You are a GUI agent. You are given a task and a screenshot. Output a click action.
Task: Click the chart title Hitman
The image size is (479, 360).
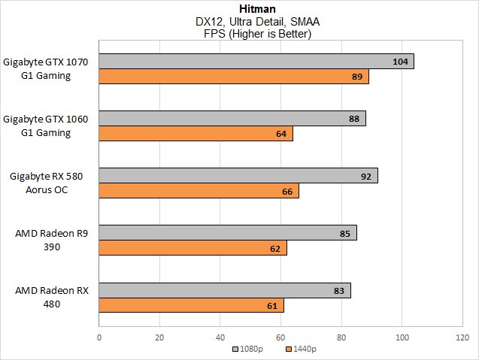239,8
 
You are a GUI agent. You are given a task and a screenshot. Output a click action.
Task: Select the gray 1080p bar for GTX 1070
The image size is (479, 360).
256,62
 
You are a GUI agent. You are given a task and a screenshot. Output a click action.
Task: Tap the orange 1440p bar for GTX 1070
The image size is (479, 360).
233,77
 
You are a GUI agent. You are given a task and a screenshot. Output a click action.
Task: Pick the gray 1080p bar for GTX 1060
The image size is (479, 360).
232,119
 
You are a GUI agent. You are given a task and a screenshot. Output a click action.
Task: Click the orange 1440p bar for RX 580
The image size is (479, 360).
199,191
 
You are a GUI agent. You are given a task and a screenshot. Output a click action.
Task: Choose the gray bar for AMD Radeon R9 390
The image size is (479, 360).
227,233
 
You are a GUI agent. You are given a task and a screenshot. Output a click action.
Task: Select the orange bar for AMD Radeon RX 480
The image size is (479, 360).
191,305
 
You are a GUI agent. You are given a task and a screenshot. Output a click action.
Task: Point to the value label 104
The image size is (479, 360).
400,62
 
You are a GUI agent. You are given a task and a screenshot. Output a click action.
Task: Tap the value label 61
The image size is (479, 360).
271,305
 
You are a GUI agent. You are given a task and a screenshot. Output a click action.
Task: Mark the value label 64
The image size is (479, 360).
280,134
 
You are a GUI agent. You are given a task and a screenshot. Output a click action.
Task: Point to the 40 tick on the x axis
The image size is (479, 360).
220,337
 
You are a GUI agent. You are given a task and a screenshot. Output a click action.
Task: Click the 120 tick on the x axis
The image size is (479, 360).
462,337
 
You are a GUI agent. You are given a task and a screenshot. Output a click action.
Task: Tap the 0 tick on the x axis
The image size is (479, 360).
99,337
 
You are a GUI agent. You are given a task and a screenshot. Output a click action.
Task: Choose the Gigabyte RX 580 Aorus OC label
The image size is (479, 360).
47,183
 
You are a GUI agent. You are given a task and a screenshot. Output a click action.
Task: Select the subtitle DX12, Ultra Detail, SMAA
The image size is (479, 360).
239,22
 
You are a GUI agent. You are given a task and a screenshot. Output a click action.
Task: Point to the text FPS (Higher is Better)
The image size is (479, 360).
239,35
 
